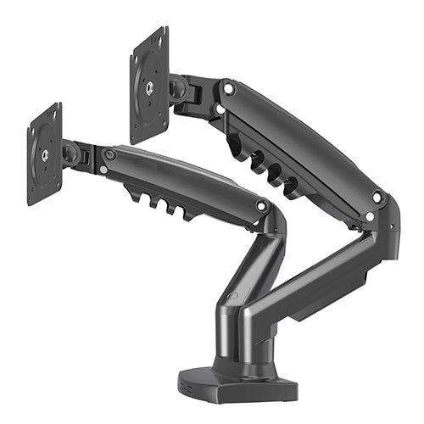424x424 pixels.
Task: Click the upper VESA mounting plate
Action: click(x=149, y=85)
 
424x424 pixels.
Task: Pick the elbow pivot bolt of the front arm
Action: click(x=262, y=206)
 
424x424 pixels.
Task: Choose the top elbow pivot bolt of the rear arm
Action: click(x=377, y=197)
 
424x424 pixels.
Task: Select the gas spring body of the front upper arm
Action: click(x=178, y=174)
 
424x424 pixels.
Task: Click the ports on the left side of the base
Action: click(x=188, y=384)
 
